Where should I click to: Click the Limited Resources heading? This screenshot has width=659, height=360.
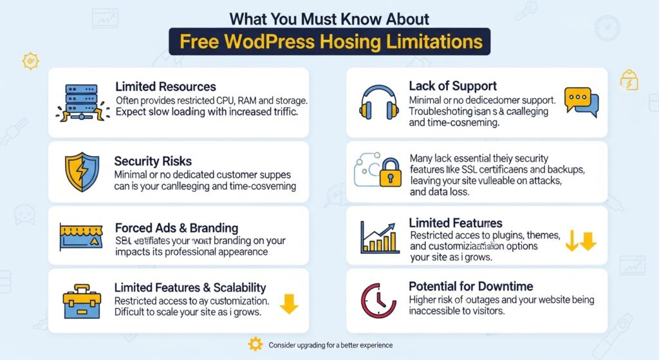click(x=165, y=86)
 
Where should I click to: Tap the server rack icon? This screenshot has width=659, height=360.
click(x=80, y=102)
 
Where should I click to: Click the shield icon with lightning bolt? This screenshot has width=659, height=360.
click(x=81, y=171)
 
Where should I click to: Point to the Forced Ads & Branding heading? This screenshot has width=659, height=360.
click(x=176, y=228)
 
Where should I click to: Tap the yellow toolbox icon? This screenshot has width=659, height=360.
click(x=81, y=301)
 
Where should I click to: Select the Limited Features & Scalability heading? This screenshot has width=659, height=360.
click(x=190, y=287)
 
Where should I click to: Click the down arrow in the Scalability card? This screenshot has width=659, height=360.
click(x=289, y=303)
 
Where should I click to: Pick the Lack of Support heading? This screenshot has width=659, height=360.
click(x=452, y=86)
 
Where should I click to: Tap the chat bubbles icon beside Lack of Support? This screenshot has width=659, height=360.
click(x=580, y=102)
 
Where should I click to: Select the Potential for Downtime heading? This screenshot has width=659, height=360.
click(x=470, y=286)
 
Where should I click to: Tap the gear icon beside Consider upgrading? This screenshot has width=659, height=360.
click(x=255, y=345)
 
